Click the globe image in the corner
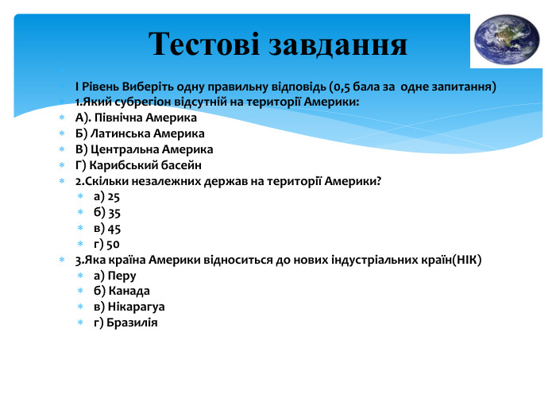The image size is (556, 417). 507,40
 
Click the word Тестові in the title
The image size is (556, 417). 204,44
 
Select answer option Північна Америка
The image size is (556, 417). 145,118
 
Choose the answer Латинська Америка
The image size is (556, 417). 147,133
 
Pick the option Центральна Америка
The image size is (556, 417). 152,149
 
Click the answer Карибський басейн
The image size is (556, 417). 145,165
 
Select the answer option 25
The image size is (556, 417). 114,197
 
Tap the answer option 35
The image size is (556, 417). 114,213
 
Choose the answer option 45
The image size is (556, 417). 114,229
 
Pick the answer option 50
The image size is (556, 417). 113,245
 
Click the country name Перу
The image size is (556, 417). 122,276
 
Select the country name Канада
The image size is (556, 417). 129,292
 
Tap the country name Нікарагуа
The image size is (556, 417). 136,307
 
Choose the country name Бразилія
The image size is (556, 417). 132,322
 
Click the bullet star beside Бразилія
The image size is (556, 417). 80,322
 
